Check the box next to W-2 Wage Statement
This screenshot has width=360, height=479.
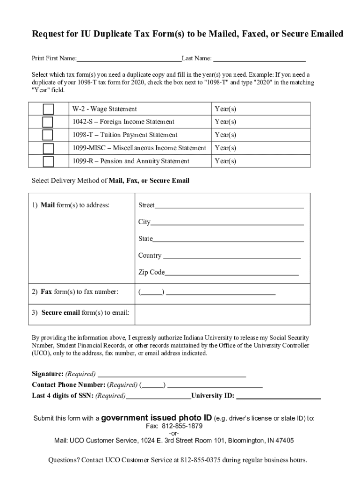pyautogui.click(x=48, y=109)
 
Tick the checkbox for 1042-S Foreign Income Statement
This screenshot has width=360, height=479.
pyautogui.click(x=48, y=122)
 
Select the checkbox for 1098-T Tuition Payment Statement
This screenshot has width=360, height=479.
pyautogui.click(x=48, y=135)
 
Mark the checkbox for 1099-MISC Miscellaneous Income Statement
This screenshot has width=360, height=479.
pyautogui.click(x=48, y=148)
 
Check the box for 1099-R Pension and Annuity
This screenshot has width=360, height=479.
pyautogui.click(x=48, y=161)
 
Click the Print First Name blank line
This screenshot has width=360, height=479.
pyautogui.click(x=129, y=59)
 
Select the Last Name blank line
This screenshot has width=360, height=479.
pyautogui.click(x=259, y=59)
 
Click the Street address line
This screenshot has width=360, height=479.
pyautogui.click(x=229, y=205)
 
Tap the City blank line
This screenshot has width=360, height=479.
pyautogui.click(x=227, y=222)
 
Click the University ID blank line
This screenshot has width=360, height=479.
pyautogui.click(x=279, y=396)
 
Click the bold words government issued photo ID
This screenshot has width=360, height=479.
pyautogui.click(x=156, y=418)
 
